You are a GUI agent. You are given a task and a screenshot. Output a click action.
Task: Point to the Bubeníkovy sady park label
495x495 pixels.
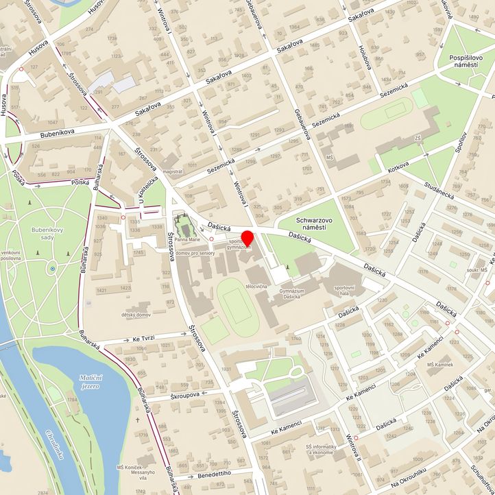pos(47,234)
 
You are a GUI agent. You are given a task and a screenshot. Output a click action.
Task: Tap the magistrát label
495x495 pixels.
pos(173,172)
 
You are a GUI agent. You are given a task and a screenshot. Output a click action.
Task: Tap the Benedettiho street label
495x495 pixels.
pos(215,474)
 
